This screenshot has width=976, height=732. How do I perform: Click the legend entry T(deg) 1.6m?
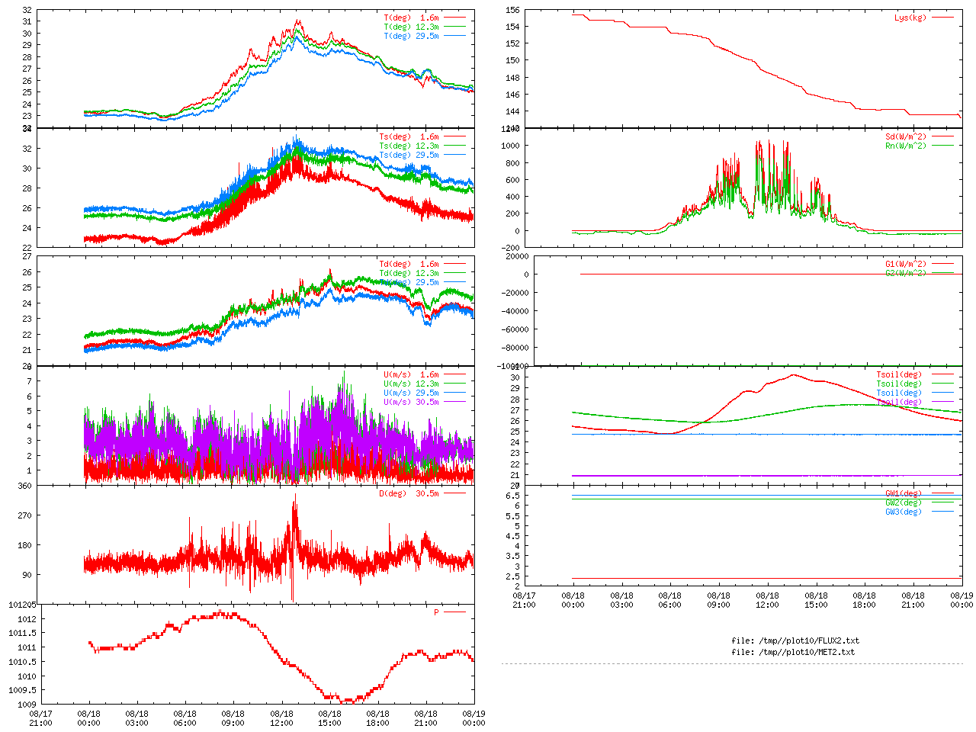point(411,18)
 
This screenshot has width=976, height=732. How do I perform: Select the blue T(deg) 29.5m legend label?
point(411,36)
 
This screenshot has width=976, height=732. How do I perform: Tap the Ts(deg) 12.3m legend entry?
point(409,146)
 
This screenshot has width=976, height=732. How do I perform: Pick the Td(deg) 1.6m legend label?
point(409,264)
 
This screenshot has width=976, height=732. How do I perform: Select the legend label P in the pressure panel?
point(436,612)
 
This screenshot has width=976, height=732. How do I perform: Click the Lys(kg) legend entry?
point(910,18)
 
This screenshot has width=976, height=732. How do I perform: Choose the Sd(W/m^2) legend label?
point(905,137)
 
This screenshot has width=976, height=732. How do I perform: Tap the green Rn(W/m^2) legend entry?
point(905,146)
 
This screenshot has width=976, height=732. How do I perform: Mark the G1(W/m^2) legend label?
point(905,264)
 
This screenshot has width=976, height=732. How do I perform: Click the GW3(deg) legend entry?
point(903,512)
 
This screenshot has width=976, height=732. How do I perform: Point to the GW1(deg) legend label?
point(903,493)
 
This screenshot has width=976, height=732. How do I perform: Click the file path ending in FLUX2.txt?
point(795,640)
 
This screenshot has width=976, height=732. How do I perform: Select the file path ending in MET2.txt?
point(792,652)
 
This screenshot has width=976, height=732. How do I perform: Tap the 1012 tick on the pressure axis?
point(26,619)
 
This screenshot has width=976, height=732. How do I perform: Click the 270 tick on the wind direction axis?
point(24,515)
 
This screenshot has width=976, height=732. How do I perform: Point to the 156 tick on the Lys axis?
point(512,11)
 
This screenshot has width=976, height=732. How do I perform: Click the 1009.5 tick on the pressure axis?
point(22,690)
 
